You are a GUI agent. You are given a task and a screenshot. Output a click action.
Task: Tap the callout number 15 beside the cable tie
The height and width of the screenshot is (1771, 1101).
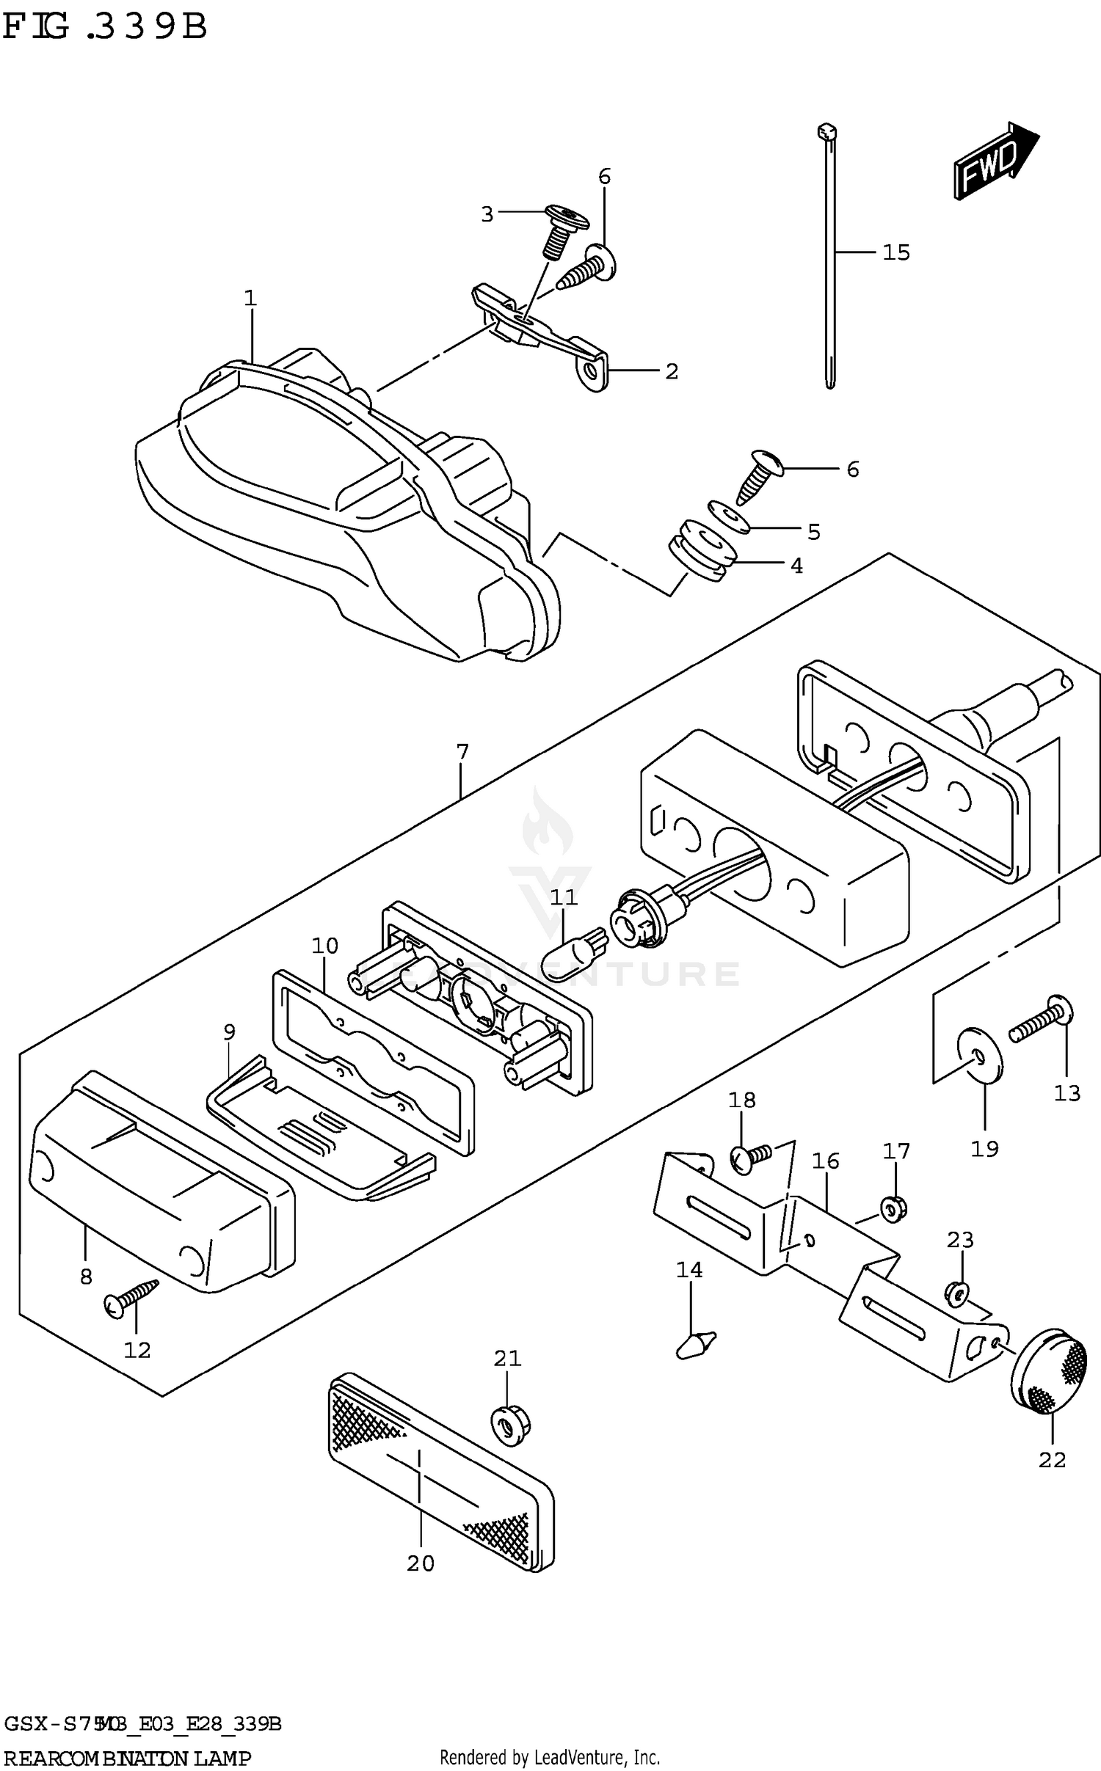(x=895, y=252)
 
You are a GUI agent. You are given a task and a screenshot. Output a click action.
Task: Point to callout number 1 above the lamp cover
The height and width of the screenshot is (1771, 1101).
(x=250, y=298)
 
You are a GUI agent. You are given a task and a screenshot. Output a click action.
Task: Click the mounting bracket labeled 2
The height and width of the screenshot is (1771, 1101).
(x=543, y=334)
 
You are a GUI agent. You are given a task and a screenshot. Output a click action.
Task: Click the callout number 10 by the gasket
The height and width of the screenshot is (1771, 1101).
(x=324, y=946)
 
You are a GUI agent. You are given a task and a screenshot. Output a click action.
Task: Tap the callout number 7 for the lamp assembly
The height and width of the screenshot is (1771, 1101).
(x=462, y=752)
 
